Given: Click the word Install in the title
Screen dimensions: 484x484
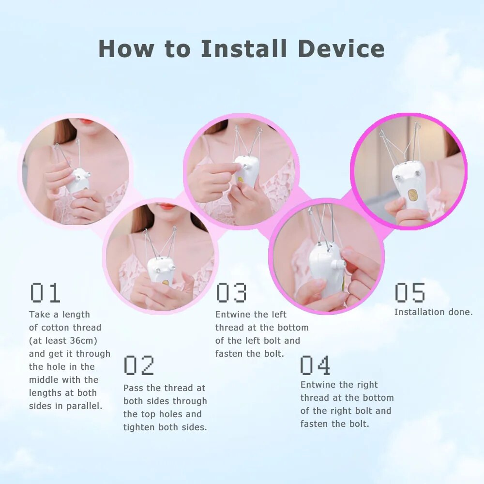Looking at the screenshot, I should coord(244,49).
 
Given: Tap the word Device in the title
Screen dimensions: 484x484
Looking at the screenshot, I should coord(341,49).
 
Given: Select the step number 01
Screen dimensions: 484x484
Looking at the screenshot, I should coord(45,293).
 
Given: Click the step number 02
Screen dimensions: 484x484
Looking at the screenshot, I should coord(139,365).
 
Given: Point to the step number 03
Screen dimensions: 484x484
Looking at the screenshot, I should coord(231,293).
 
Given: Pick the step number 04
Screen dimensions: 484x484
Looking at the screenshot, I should coord(315,365).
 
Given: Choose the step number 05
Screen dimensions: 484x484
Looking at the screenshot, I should coord(409,293).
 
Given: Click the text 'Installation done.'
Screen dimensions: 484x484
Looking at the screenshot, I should coord(433,312).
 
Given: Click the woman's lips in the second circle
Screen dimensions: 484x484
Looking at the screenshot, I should coord(167,207).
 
